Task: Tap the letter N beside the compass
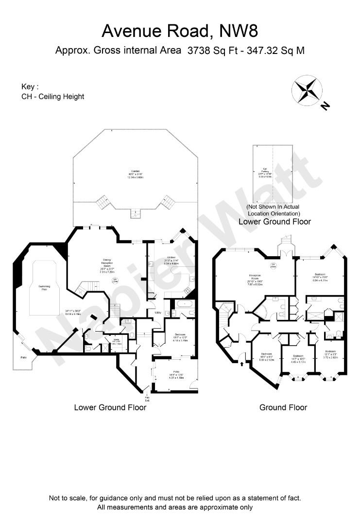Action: click(x=325, y=105)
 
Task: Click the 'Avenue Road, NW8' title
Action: click(x=180, y=31)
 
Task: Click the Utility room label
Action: click(x=158, y=313)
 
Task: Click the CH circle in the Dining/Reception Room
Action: click(x=115, y=280)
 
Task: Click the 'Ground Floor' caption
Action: click(x=283, y=407)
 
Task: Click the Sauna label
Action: click(x=116, y=342)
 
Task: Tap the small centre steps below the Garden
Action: click(x=135, y=213)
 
